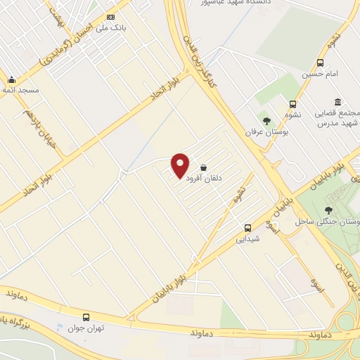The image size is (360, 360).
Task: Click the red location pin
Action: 181,165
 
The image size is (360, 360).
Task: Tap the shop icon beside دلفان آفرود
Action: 204,168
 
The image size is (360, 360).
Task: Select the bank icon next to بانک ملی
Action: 110,17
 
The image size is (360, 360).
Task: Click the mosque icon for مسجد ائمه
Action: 11,79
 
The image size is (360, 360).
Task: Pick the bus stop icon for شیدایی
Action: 247,228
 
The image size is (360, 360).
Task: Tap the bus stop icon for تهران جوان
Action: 86,317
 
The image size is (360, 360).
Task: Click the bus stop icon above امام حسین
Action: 321,63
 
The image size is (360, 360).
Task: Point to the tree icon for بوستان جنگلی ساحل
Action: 328,210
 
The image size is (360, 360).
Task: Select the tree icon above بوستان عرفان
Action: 266,121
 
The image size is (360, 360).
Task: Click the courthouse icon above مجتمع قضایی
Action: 338,102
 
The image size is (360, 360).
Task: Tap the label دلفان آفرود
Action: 204,179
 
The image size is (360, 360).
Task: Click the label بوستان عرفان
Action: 263,132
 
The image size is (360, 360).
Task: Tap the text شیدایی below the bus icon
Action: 250,238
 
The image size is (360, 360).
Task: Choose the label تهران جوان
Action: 86,328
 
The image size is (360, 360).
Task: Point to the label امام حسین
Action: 321,73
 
